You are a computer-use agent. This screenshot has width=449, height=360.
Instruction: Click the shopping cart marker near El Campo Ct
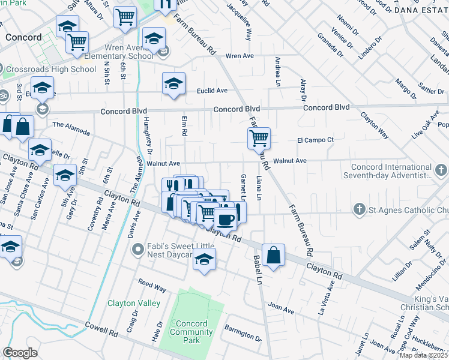click(259, 138)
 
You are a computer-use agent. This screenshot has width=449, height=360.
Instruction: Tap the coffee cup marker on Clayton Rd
click(226, 219)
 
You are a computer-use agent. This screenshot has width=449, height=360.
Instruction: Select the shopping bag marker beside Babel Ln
click(273, 254)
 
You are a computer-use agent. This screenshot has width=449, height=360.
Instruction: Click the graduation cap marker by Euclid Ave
click(173, 83)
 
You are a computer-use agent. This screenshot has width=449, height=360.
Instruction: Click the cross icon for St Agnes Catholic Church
click(359, 209)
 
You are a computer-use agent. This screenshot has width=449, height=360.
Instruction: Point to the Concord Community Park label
click(191, 332)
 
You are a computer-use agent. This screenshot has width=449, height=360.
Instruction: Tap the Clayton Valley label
click(134, 303)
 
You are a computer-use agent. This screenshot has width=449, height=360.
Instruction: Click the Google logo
click(20, 353)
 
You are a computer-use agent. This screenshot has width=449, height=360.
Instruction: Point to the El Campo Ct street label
click(315, 140)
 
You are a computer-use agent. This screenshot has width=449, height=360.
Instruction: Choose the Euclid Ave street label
click(212, 91)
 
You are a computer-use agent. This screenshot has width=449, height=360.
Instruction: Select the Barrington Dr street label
click(243, 333)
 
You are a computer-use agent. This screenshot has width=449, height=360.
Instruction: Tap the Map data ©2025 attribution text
click(423, 355)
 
